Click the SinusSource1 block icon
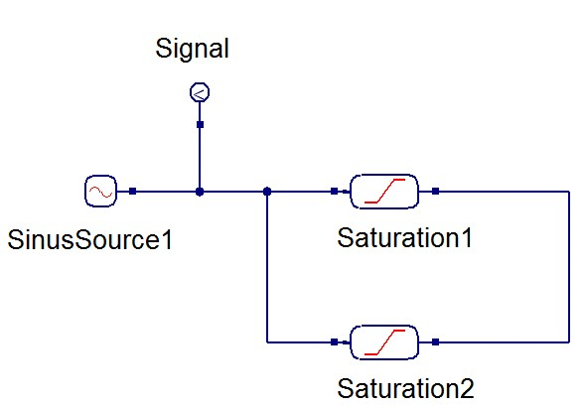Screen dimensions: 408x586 100,191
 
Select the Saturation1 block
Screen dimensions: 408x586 383,191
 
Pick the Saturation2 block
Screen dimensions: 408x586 383,341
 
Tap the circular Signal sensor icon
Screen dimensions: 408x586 200,93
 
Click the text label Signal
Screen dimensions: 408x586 193,50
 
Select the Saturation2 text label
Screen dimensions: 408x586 391,386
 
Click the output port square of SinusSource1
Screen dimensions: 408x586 133,191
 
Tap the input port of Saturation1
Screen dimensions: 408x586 335,191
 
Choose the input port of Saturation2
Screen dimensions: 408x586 335,341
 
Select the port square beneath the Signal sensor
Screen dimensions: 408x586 200,125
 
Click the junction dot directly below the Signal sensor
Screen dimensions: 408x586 200,191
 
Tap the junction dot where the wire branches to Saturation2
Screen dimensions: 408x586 267,191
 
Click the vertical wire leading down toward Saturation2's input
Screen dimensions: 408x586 267,268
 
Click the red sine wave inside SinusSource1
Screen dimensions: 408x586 100,191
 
